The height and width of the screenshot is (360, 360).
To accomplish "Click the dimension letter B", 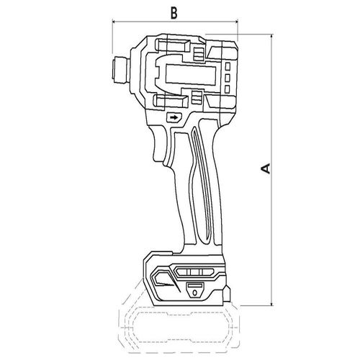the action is (174, 13).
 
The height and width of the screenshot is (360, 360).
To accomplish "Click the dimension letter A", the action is (266, 168).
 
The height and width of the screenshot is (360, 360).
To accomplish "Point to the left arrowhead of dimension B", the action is (114, 22).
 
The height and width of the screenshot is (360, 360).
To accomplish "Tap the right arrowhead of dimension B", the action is (236, 22).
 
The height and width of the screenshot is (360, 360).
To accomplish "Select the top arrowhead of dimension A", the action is (271, 36).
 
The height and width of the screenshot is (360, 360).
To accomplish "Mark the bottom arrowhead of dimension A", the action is (271, 304).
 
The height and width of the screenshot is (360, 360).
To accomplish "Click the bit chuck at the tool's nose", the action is (120, 70).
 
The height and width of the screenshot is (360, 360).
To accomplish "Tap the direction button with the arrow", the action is (174, 117).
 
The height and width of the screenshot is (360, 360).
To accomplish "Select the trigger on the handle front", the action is (160, 144).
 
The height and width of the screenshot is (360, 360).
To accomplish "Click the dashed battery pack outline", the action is (179, 329).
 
